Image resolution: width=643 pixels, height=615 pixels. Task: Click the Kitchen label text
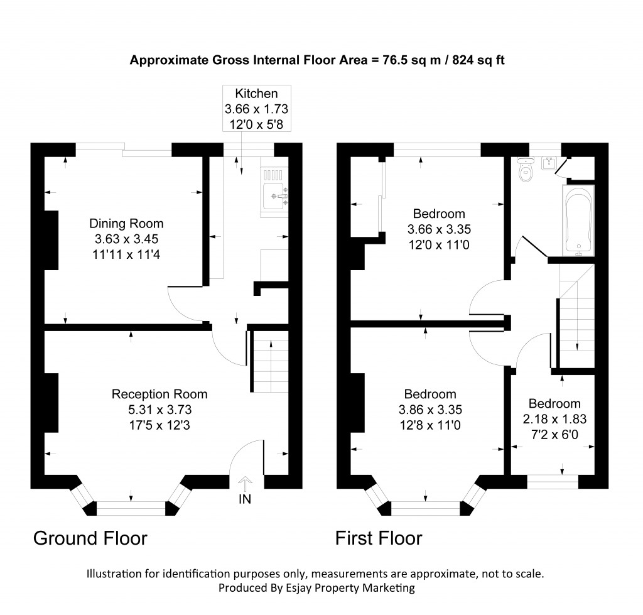(x=256, y=94)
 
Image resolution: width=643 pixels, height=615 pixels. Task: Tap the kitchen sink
(x=276, y=197)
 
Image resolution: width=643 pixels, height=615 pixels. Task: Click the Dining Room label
(x=126, y=224)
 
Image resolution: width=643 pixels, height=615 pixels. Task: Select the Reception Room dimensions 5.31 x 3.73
(x=159, y=410)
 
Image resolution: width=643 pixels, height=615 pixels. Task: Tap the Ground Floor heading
(x=90, y=538)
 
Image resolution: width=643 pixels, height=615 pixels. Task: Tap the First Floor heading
(x=379, y=538)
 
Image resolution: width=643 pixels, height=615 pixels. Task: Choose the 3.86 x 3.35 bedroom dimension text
(x=430, y=410)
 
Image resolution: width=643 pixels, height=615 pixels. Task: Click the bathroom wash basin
(x=549, y=164)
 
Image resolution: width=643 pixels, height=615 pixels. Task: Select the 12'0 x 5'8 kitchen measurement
(x=256, y=124)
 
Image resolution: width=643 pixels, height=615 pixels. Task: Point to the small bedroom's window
(x=552, y=482)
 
